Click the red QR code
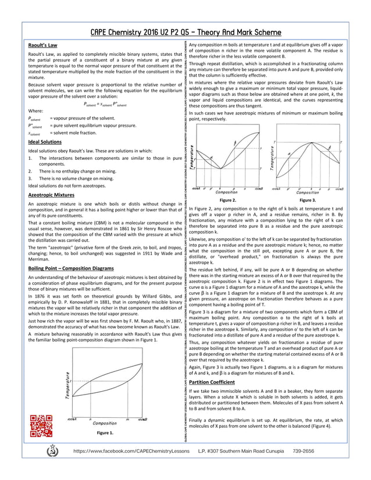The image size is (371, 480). click(x=40, y=425)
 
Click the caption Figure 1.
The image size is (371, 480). click(x=105, y=433)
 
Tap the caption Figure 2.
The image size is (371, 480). click(x=228, y=199)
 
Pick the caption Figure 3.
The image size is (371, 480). click(x=306, y=199)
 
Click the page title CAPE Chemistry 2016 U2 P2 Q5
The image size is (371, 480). click(x=185, y=32)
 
